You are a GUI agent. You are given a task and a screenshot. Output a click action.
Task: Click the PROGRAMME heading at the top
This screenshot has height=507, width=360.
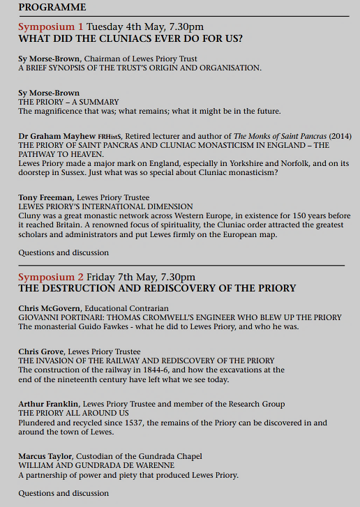pos(52,7)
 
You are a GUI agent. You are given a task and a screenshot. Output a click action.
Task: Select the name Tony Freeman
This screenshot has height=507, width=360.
pos(40,198)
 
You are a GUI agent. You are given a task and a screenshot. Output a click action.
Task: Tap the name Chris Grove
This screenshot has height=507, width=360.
pos(42,351)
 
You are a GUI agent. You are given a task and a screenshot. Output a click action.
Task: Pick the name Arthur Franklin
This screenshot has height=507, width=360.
pos(47,404)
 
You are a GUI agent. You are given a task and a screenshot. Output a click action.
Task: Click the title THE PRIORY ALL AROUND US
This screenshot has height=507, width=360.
pos(72,413)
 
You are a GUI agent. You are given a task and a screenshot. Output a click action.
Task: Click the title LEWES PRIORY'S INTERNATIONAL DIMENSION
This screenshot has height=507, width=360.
pos(105,207)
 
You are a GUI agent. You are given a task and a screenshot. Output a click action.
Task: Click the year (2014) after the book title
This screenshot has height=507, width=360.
pos(340,135)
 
